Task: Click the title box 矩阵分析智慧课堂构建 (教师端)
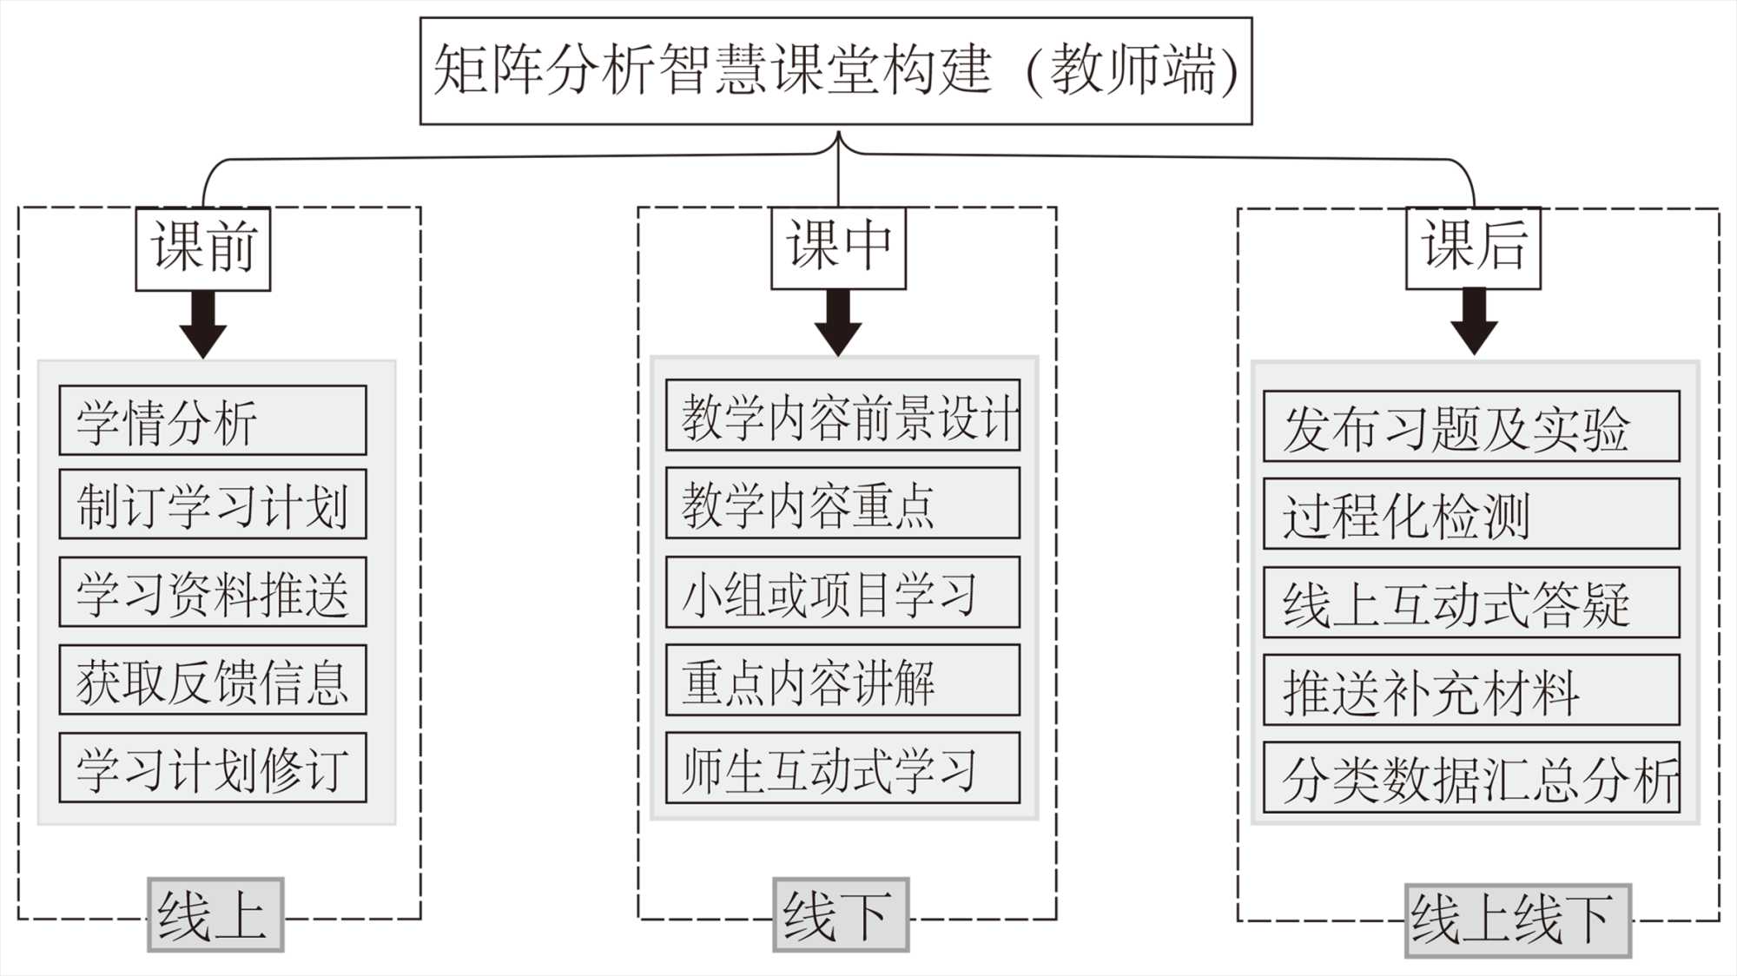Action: [835, 71]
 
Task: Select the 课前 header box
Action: [203, 248]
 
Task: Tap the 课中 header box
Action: [838, 247]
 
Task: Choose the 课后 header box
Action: [1473, 247]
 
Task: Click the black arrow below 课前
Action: [203, 325]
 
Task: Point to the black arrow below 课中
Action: [838, 323]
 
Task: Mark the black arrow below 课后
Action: [1474, 322]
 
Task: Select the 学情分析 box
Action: [213, 420]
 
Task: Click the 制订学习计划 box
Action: [213, 504]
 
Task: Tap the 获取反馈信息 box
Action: [213, 680]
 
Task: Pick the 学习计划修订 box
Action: [213, 768]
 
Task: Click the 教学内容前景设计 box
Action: [842, 415]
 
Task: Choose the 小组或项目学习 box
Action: [842, 592]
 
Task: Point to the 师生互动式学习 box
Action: [842, 768]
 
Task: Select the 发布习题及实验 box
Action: [1471, 426]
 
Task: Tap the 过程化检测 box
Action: [1471, 513]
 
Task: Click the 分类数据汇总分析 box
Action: [1471, 777]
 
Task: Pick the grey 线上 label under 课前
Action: [215, 914]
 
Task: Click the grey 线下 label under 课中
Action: [841, 914]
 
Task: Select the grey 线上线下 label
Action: [1517, 920]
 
